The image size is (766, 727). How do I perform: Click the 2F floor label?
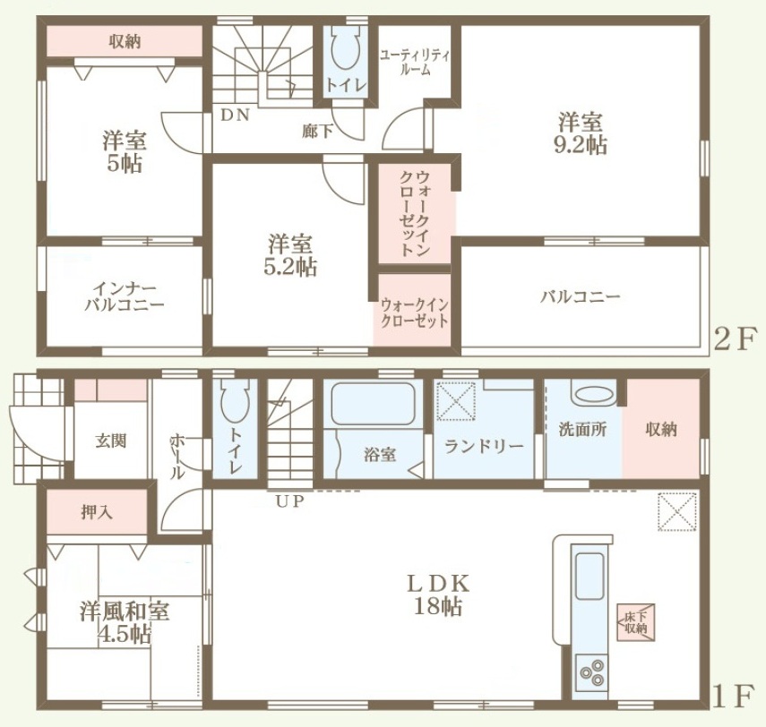click(x=736, y=339)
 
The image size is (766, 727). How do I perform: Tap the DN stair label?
click(x=236, y=115)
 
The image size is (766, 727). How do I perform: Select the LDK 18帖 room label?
click(x=438, y=594)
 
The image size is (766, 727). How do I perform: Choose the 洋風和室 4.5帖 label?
click(x=125, y=623)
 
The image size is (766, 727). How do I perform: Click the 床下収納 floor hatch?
click(x=635, y=622)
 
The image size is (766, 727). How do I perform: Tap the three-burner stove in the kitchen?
click(x=591, y=672)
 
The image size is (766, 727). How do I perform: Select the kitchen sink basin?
click(x=590, y=575)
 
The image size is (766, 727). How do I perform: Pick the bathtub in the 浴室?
click(x=373, y=404)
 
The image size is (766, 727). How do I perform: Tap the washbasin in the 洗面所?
click(x=594, y=395)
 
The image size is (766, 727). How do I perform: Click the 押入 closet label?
click(x=98, y=512)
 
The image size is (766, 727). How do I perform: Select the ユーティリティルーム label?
click(x=415, y=62)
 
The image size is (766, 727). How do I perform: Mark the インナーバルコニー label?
click(x=125, y=297)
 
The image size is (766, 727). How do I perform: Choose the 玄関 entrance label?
click(x=110, y=440)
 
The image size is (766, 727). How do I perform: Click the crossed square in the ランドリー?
click(x=456, y=401)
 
